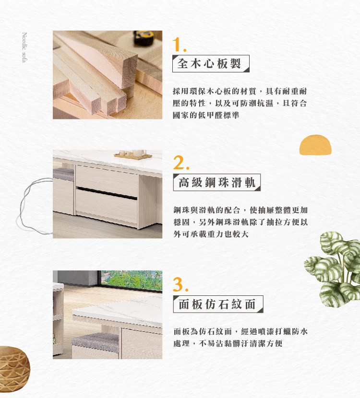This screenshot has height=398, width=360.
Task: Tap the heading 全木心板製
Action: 209,64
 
